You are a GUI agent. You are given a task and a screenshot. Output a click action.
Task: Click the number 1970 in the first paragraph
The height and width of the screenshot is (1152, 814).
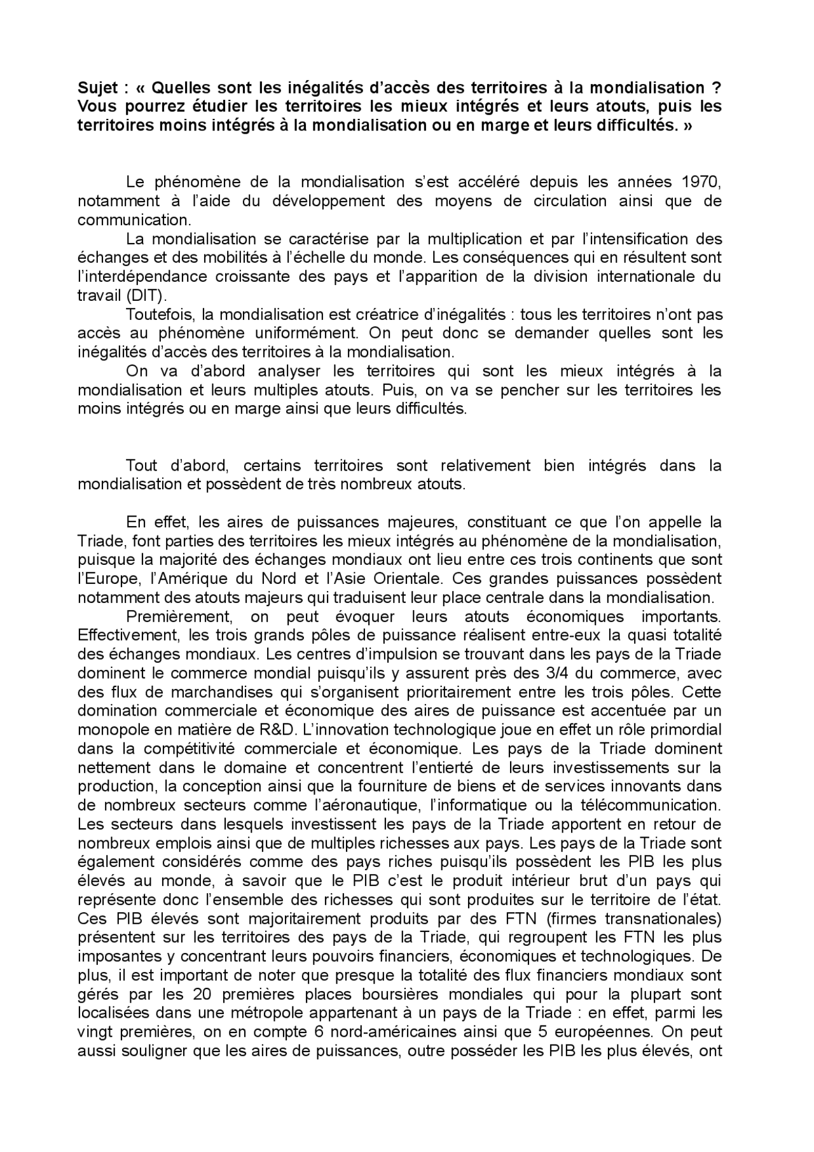coord(700,183)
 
